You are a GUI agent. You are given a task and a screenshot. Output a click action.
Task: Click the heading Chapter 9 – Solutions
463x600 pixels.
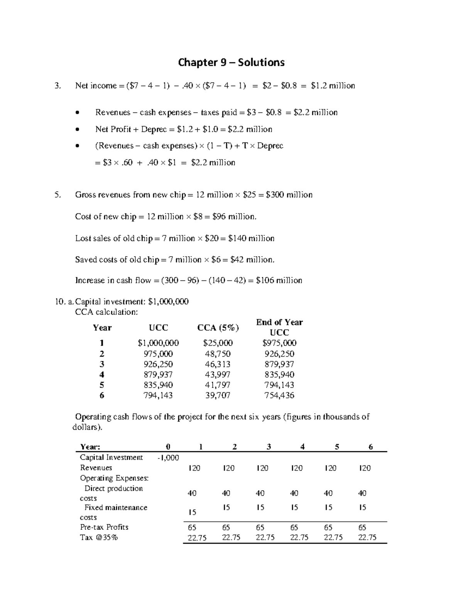point(231,63)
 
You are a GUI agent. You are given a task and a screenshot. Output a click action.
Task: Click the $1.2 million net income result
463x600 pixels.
point(333,86)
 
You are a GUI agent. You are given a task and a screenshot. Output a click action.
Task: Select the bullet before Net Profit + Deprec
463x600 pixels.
point(78,129)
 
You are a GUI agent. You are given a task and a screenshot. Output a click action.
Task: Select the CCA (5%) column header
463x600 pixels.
point(218,328)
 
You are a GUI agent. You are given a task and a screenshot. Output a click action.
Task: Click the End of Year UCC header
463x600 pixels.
point(279,327)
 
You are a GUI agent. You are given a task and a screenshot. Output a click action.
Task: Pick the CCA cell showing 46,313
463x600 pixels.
point(218,364)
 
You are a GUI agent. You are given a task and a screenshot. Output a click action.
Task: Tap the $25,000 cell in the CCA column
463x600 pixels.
point(218,343)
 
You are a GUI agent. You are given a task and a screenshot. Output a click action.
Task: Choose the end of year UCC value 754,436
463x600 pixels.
point(279,395)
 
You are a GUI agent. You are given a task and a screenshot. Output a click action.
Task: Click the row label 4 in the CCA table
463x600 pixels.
point(102,375)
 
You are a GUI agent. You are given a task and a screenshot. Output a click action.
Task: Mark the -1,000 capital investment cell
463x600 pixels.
point(168,458)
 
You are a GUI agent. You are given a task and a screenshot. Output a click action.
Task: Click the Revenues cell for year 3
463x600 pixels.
point(262,468)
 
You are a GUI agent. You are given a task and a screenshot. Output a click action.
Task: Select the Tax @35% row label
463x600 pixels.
point(99,537)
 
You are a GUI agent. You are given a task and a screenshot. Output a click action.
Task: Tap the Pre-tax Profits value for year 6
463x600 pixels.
point(362,527)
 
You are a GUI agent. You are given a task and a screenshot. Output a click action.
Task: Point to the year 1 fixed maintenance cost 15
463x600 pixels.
point(192,512)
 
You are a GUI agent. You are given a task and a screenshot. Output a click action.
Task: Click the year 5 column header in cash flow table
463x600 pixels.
point(337,447)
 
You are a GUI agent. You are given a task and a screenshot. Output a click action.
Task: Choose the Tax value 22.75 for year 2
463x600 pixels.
point(231,537)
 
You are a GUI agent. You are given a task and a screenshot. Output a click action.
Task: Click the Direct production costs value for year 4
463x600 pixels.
point(294,493)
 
